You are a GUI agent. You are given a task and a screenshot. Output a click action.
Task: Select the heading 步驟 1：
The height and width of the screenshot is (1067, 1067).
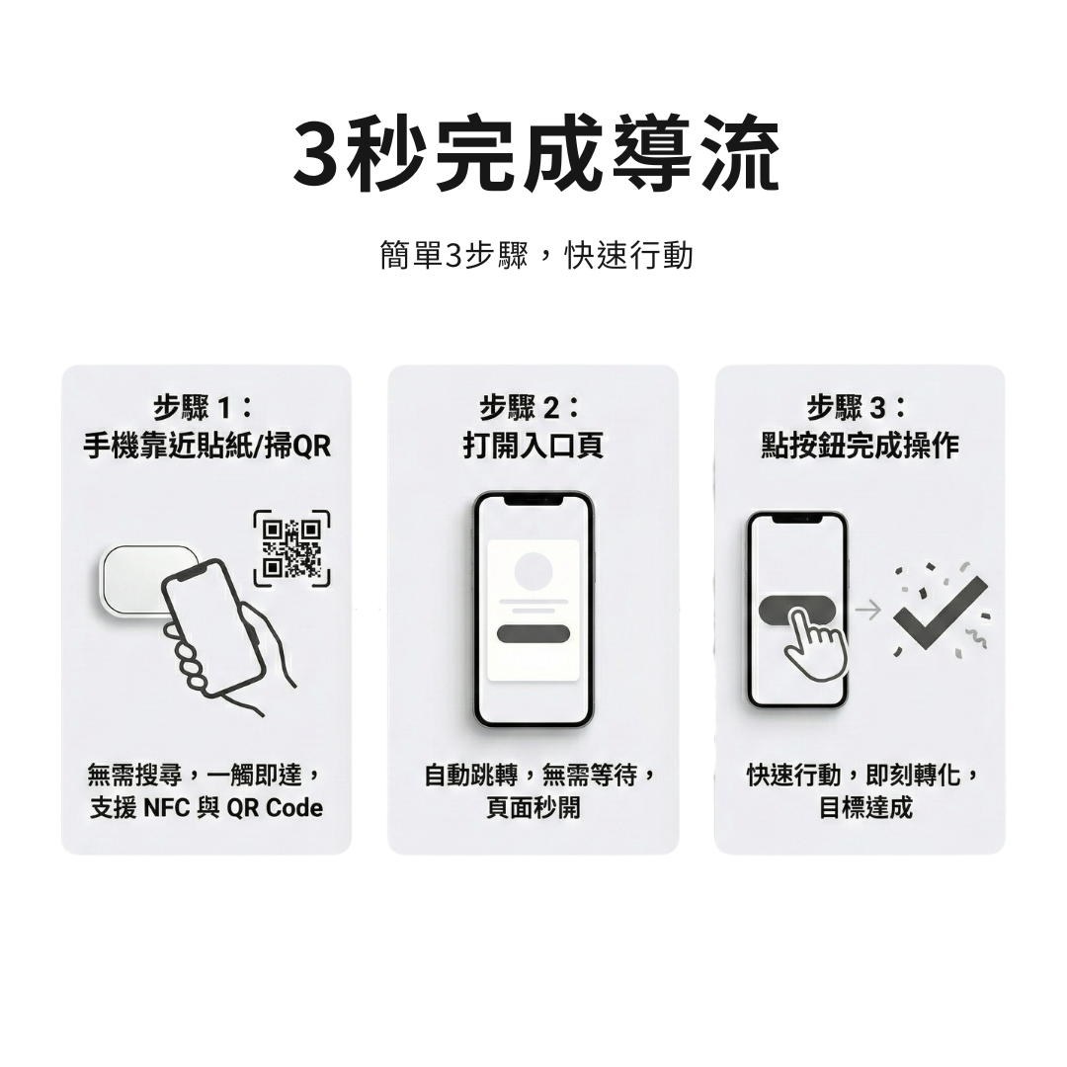(x=205, y=406)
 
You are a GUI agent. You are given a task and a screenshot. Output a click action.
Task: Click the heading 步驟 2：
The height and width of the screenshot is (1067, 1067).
(x=533, y=406)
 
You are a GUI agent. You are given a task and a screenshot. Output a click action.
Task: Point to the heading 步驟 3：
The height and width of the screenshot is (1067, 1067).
(x=859, y=406)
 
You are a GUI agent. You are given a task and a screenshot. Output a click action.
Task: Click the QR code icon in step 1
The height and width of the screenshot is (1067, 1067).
(x=291, y=547)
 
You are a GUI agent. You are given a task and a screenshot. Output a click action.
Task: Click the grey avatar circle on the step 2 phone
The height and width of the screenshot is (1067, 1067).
(x=533, y=570)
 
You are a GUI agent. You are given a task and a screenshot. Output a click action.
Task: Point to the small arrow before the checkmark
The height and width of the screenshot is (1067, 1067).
(x=867, y=611)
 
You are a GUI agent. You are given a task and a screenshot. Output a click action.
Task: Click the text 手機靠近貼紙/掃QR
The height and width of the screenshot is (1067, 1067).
(x=205, y=447)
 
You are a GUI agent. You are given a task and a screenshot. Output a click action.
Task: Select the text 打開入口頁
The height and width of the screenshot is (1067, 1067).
(x=533, y=447)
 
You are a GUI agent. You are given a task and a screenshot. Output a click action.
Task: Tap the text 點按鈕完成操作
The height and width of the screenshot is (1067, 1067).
(x=859, y=447)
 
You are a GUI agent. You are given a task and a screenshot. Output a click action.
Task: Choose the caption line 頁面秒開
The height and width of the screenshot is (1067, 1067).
(x=533, y=808)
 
